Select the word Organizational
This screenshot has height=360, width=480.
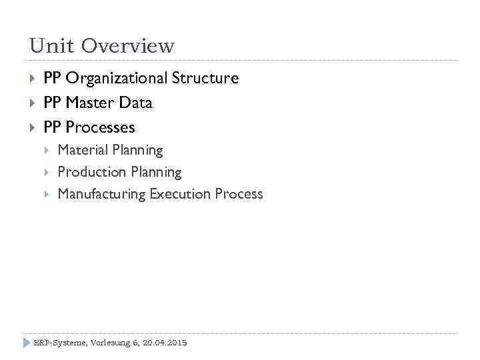tap(117, 79)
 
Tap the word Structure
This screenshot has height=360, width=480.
tap(205, 79)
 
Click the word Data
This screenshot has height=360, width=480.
tap(136, 103)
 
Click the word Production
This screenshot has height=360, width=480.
tap(91, 172)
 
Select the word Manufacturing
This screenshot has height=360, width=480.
tap(101, 194)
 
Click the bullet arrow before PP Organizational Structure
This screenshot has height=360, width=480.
tap(33, 79)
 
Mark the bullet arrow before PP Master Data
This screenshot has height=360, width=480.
tap(33, 103)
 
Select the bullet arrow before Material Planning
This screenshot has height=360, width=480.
tap(47, 151)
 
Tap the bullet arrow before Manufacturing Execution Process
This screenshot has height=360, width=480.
tap(47, 194)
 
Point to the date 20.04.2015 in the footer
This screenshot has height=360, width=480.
tap(165, 343)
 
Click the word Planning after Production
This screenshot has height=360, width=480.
tap(155, 172)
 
